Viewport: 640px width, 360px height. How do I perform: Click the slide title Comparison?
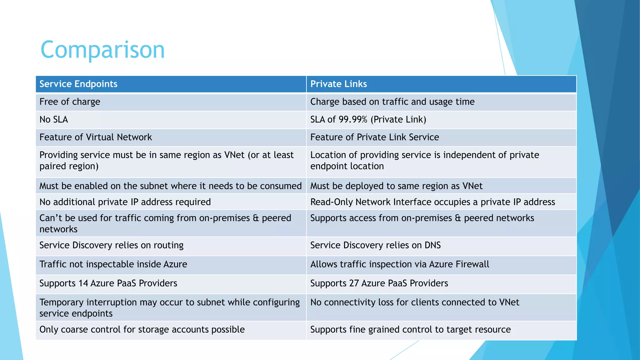pos(102,50)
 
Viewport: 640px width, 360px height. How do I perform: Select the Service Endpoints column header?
pos(78,84)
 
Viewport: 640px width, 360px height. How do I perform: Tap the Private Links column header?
pos(338,84)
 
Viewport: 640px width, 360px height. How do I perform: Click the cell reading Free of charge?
pos(70,102)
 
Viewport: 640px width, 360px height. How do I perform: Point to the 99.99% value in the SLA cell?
pos(353,120)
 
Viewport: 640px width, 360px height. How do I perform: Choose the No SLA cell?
pos(54,120)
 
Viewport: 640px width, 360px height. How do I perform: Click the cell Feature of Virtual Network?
pos(96,137)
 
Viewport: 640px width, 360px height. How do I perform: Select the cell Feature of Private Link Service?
pos(374,137)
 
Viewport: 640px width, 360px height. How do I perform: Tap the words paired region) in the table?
pos(69,166)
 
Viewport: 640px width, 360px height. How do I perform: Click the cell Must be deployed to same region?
pos(396,186)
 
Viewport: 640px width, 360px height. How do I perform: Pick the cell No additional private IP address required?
pos(125,202)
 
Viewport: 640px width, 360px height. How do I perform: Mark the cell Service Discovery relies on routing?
pos(112,245)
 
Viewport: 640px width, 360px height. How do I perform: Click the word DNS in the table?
pos(432,245)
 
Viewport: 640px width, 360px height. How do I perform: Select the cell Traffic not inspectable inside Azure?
pos(113,264)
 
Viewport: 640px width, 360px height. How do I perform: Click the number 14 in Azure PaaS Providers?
pos(83,283)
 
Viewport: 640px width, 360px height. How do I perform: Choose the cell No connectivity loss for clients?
pos(415,302)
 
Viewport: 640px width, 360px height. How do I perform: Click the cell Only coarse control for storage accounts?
pos(142,330)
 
